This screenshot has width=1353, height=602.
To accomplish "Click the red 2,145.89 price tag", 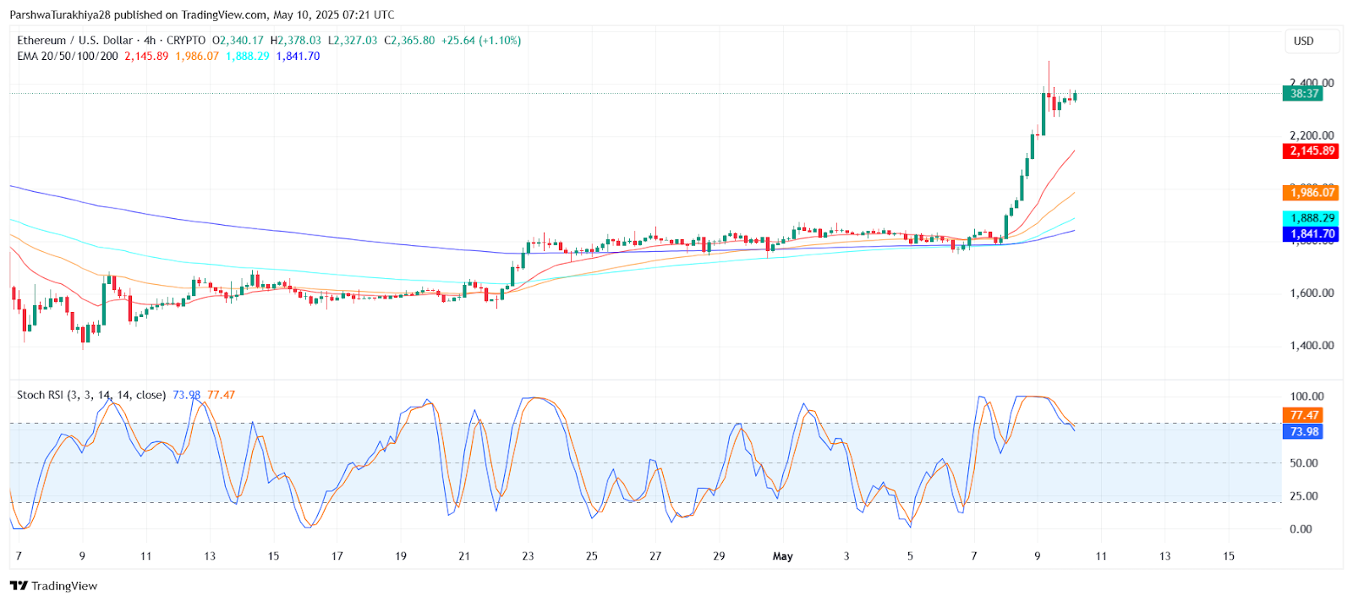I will (1312, 150).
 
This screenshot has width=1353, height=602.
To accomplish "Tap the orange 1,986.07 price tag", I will (1312, 193).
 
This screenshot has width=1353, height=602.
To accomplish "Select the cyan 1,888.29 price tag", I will (1312, 218).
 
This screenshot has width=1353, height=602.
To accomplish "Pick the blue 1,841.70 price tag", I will (1312, 234).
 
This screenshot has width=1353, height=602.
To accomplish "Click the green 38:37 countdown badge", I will (1303, 94).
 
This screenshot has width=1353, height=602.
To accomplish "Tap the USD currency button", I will (1303, 41).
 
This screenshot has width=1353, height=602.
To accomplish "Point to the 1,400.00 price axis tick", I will (1312, 346).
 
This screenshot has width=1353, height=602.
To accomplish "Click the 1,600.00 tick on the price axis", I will (1312, 293).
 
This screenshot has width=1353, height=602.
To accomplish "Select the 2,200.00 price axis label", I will (1312, 135).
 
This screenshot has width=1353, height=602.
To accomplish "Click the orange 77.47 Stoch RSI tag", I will (1304, 415).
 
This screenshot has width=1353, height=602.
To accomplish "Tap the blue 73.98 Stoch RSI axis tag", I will (1304, 432).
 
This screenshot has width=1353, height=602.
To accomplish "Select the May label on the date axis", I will (783, 556).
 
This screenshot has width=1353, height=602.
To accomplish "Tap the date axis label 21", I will (464, 556).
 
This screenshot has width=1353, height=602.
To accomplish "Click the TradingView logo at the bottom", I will (54, 586).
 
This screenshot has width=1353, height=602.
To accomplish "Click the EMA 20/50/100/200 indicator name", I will (68, 57).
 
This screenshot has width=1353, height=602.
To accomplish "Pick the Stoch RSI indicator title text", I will (91, 395).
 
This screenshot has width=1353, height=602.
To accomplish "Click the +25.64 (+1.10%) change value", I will (481, 41).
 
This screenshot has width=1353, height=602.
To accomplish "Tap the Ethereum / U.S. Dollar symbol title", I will (75, 41).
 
